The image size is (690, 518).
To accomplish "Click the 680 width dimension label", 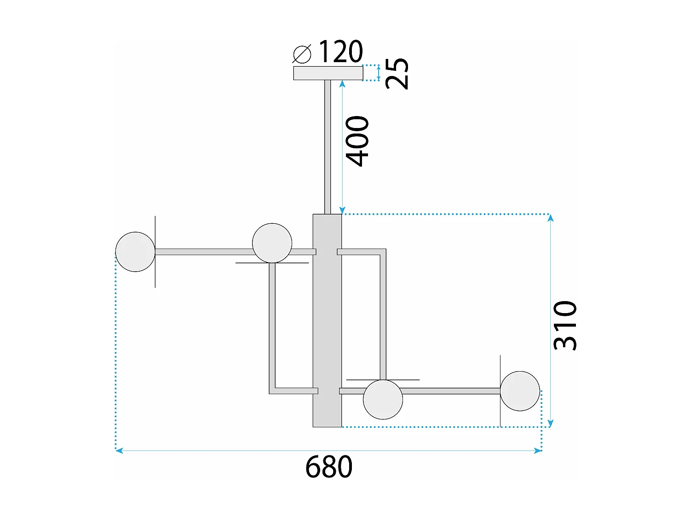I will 328,467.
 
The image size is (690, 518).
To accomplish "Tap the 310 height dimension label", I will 565,326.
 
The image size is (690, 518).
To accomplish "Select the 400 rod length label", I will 357,141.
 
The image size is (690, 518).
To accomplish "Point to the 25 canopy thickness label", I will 397,73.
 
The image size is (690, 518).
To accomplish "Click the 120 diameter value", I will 340,52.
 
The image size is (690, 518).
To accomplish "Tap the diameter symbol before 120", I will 302,54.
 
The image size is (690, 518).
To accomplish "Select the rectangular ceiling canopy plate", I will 328,73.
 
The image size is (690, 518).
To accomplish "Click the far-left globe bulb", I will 135,252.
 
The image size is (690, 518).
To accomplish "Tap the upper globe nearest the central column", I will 272,243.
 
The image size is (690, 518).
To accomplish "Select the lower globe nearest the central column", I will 383,399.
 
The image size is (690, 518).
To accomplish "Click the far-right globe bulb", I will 520,391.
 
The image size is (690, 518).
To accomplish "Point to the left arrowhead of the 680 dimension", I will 119,451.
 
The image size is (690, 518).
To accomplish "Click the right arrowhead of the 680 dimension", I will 538,451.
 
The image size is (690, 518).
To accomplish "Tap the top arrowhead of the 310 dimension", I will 551,217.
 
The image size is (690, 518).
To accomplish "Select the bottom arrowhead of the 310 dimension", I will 551,424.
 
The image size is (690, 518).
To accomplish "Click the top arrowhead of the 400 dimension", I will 342,83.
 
